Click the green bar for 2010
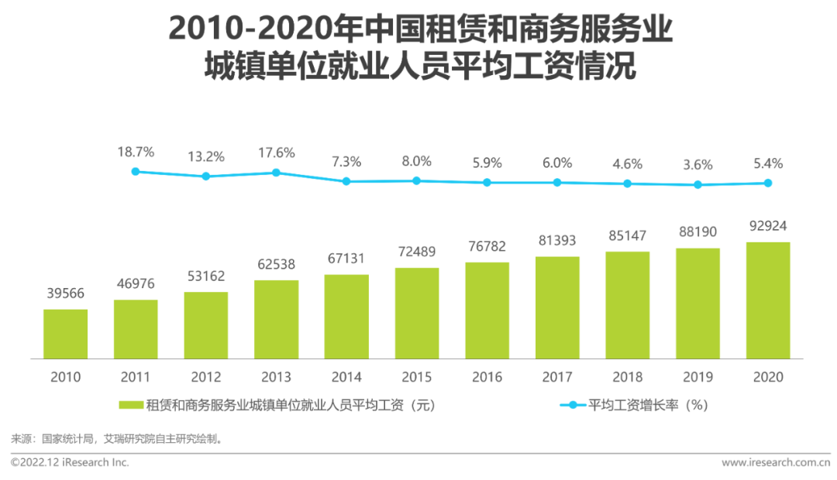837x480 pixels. pos(65,334)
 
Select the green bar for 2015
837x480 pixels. pos(417,313)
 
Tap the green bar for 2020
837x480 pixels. pos(768,300)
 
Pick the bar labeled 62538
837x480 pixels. pos(276,319)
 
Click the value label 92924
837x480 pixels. pos(768,227)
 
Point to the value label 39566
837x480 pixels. pos(65,293)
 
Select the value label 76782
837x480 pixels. pos(487,246)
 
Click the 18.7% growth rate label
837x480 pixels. pos(136,151)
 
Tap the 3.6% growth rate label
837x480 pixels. pos(697,164)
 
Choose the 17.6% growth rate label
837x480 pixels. pos(276,153)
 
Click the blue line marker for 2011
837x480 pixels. pos(136,171)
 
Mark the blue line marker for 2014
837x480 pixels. pos(346,181)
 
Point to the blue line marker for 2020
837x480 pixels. pos(768,183)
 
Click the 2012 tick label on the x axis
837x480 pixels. pos(206,378)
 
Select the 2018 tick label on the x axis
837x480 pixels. pos(627,378)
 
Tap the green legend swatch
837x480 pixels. pos(130,405)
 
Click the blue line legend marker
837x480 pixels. pos(572,405)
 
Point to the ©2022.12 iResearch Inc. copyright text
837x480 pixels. pos(70,463)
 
